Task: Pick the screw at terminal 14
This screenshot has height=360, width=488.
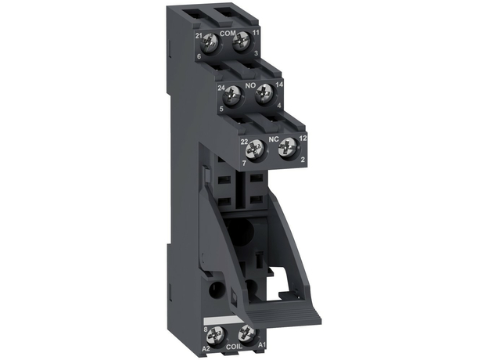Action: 265,95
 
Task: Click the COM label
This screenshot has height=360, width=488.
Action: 228,34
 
